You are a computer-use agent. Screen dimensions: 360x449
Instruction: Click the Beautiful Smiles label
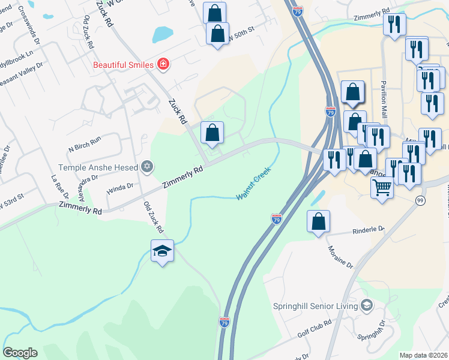point(122,64)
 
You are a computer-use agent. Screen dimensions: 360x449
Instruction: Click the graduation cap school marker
point(162,251)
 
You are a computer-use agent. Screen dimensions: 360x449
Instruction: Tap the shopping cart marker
point(382,188)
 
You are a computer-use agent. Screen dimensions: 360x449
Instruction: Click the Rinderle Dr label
point(368,229)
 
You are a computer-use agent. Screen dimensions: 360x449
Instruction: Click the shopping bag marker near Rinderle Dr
point(318,221)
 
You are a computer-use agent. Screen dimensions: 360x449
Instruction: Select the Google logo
point(20,353)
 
